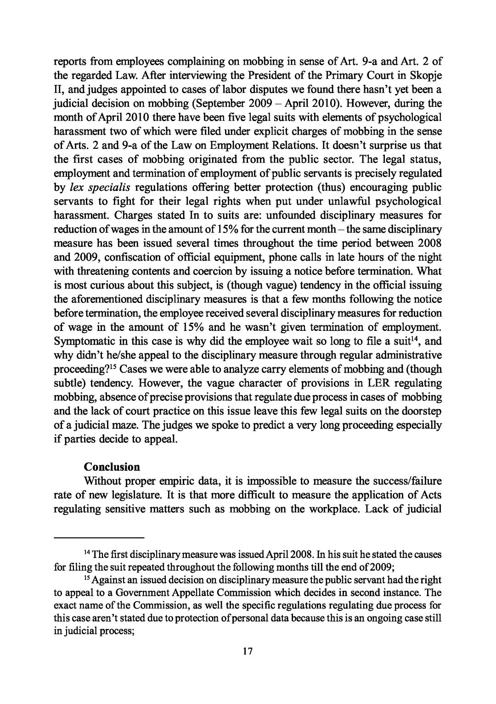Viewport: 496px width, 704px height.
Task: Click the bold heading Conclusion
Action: tap(112, 467)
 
